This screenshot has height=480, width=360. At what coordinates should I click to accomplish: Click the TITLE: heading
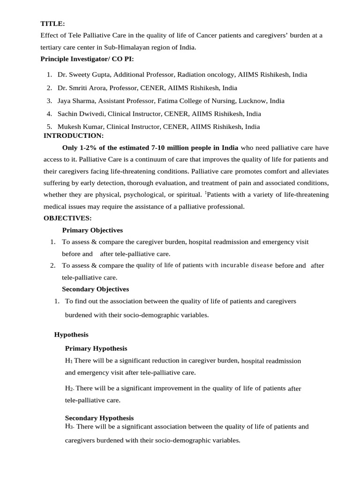click(x=52, y=23)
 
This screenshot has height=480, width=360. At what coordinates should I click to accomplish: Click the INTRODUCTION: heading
click(x=73, y=135)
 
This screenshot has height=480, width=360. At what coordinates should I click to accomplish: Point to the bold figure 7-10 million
click(x=163, y=147)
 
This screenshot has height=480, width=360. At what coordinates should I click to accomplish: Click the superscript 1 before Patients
click(x=205, y=192)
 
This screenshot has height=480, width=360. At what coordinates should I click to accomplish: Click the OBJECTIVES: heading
click(x=67, y=218)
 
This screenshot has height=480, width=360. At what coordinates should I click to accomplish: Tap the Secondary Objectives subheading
click(x=95, y=289)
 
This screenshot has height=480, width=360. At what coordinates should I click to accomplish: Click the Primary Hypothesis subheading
click(x=96, y=348)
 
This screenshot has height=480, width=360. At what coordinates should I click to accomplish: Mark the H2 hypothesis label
click(x=69, y=389)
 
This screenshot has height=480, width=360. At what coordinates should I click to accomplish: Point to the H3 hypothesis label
click(x=69, y=427)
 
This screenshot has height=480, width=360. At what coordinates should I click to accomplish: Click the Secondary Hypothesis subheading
click(x=99, y=418)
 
